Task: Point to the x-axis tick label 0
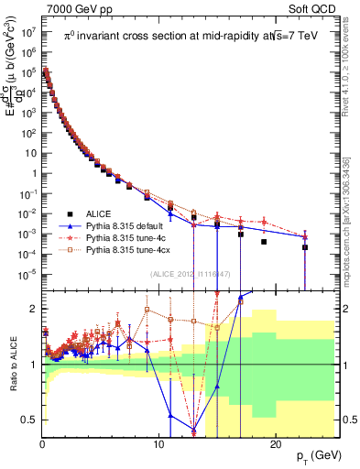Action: tap(43, 442)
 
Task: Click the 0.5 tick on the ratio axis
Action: tap(30, 420)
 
